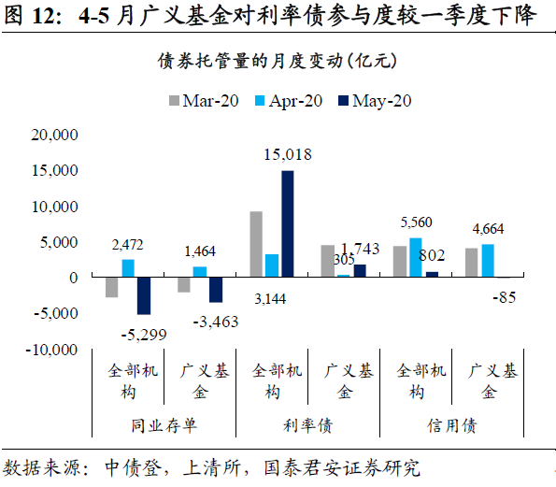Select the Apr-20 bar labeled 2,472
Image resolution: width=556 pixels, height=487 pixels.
128,268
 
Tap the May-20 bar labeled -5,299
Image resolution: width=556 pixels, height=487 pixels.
144,295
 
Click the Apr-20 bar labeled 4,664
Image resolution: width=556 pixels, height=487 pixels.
487,261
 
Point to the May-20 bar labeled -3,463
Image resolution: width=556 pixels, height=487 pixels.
216,290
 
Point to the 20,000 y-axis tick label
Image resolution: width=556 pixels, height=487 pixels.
55,135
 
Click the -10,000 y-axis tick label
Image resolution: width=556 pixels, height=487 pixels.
51,350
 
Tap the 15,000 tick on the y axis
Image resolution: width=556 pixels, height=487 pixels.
55,171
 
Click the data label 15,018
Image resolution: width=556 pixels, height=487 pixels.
287,155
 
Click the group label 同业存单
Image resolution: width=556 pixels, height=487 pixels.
164,426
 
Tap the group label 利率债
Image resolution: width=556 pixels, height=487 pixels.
308,426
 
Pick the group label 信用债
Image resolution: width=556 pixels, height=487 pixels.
452,426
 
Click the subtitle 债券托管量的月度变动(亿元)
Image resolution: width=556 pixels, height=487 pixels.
278,62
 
